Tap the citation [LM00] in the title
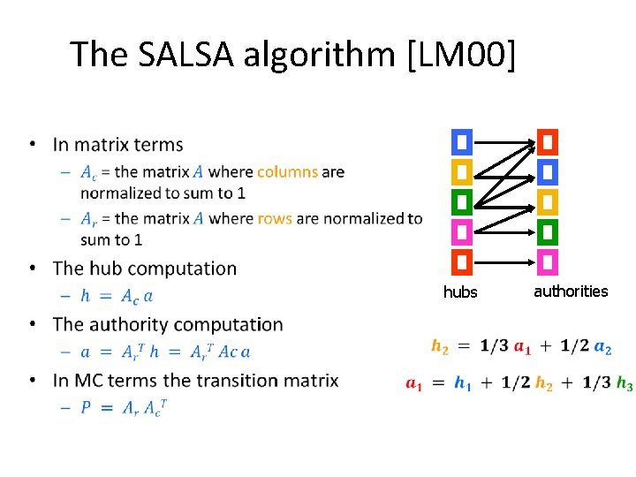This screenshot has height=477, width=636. click(x=458, y=54)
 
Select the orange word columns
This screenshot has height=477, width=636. click(x=287, y=171)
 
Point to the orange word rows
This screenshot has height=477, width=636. click(x=275, y=218)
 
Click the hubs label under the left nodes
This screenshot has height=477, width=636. click(x=460, y=292)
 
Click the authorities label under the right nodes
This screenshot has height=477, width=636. click(x=571, y=291)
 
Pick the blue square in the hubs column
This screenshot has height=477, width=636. click(x=462, y=142)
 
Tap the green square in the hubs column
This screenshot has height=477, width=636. click(x=462, y=202)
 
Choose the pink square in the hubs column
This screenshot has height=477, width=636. click(x=462, y=232)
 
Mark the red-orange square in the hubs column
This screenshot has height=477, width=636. click(x=462, y=262)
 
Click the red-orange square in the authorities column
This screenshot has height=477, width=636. click(x=548, y=142)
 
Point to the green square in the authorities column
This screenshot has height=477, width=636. click(x=548, y=232)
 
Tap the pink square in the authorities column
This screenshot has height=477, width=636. click(x=548, y=262)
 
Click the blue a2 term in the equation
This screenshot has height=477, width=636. click(x=602, y=347)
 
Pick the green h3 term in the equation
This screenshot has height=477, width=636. click(x=625, y=383)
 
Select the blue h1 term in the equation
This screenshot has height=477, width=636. click(x=462, y=383)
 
